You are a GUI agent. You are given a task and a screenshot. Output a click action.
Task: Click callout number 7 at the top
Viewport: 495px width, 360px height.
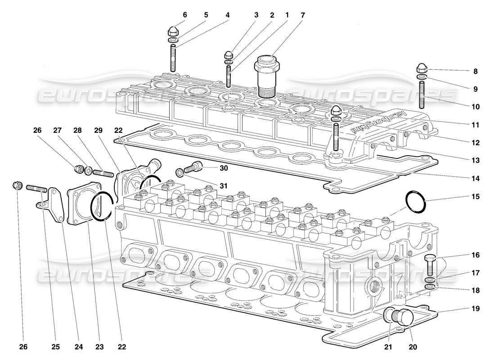302,15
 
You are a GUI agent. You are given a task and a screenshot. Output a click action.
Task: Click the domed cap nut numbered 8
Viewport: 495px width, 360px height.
422,68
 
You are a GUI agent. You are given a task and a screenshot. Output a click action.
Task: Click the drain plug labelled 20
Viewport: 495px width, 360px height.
403,318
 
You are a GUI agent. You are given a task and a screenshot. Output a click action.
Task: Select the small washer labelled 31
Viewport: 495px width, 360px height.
180,171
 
